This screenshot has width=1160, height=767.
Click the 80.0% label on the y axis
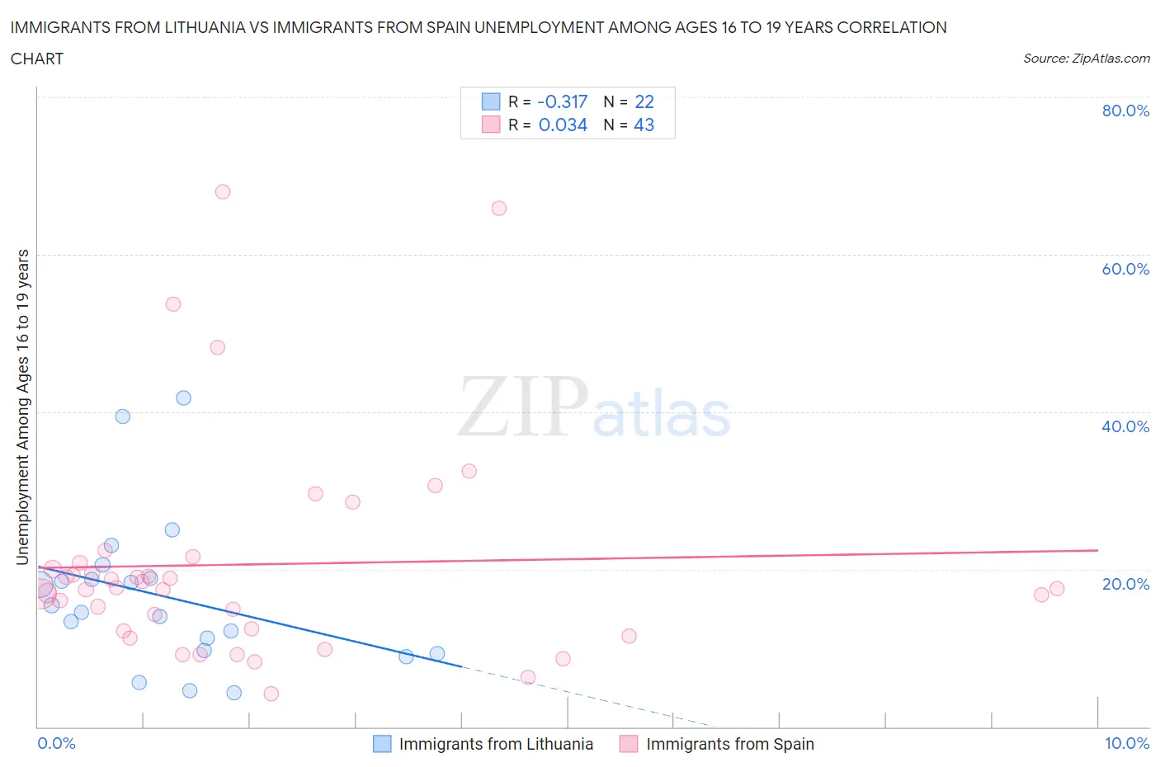[1125, 111]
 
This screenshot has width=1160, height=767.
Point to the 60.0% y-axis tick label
[1125, 269]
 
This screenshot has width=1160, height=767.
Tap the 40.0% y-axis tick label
[1125, 426]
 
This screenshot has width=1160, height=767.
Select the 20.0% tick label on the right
[1125, 584]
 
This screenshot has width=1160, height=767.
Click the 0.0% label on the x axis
[56, 743]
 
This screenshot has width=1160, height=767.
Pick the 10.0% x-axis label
[1126, 743]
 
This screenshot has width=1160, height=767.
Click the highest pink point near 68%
[223, 191]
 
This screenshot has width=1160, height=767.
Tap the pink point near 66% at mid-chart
[499, 208]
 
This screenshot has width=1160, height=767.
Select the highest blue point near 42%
[184, 398]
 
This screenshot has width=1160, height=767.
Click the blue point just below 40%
[123, 416]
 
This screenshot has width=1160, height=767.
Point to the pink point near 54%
[173, 304]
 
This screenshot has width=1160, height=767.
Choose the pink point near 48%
[218, 347]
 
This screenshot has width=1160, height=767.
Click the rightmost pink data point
[1057, 589]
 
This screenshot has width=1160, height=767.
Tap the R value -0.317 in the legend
[563, 101]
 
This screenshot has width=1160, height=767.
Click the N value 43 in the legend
[644, 125]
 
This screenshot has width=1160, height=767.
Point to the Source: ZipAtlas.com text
[1086, 59]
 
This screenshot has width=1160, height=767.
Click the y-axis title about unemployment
[23, 407]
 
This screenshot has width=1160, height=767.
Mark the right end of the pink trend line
[1097, 549]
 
